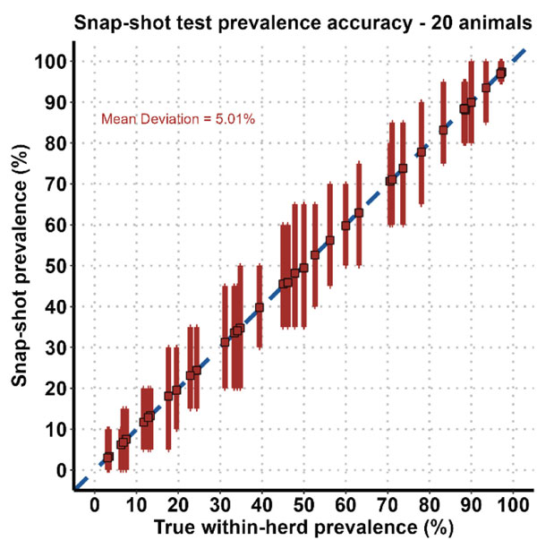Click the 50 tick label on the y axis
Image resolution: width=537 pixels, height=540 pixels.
pyautogui.click(x=55, y=266)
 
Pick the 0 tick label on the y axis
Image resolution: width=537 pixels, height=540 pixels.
pyautogui.click(x=60, y=470)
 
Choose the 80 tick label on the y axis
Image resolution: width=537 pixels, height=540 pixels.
pyautogui.click(x=55, y=143)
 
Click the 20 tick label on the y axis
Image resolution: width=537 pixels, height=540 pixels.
pyautogui.click(x=55, y=389)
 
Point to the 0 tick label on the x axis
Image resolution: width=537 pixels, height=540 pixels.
pyautogui.click(x=96, y=504)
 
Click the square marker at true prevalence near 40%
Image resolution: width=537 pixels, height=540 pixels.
pyautogui.click(x=260, y=307)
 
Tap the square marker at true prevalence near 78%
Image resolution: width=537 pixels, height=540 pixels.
pyautogui.click(x=422, y=152)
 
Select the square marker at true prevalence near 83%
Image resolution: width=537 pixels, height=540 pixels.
pyautogui.click(x=443, y=130)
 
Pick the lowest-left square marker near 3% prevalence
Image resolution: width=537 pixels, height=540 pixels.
pyautogui.click(x=108, y=457)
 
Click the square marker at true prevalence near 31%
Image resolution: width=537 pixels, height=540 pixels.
pyautogui.click(x=226, y=342)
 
